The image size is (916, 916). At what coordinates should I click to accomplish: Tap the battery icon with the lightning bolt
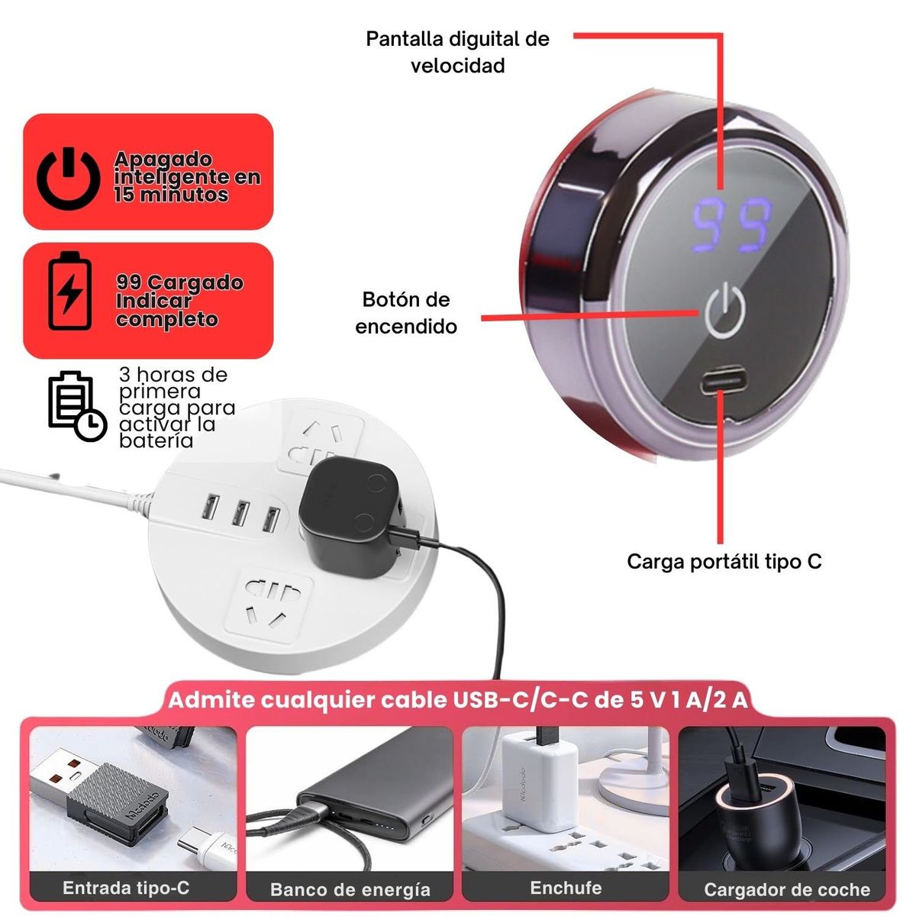(70, 291)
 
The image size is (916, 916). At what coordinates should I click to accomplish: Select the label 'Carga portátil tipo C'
(724, 562)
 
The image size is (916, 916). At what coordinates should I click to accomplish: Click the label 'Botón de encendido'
(406, 313)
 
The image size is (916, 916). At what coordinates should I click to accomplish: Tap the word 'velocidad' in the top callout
(458, 65)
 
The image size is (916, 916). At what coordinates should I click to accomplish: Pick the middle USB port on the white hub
(240, 513)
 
